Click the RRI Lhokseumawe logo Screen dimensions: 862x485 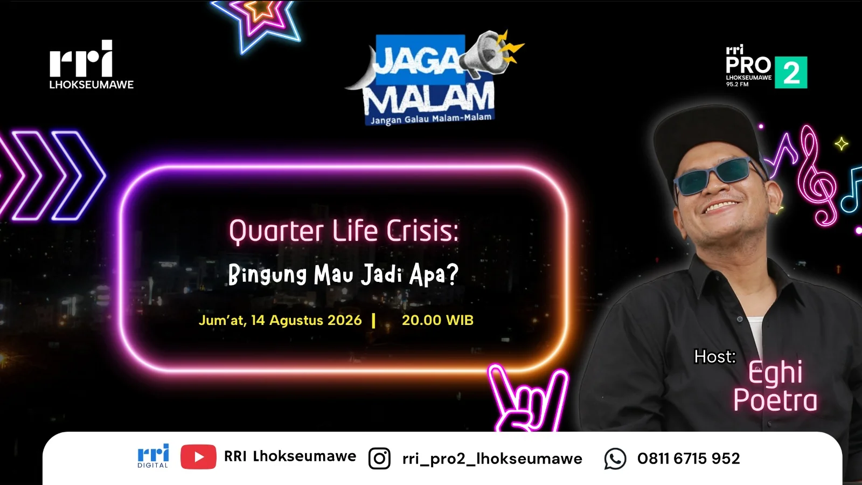(x=91, y=64)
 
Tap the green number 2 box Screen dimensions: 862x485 (x=791, y=72)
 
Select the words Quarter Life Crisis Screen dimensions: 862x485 (x=344, y=231)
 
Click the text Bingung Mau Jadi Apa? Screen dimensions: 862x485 (x=343, y=275)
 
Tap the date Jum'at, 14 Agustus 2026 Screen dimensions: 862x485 (x=280, y=320)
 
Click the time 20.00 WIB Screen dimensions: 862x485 (x=437, y=320)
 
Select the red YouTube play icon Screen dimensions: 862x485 (x=198, y=457)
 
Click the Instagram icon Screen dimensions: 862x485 (x=379, y=459)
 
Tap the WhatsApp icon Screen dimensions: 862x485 (x=615, y=459)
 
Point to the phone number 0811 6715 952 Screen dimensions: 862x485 (x=689, y=459)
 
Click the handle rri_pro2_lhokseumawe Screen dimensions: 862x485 (x=492, y=459)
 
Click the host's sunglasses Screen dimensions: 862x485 (x=716, y=175)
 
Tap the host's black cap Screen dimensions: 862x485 (x=706, y=138)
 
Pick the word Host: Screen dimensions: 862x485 (x=715, y=357)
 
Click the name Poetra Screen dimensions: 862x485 (x=775, y=400)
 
